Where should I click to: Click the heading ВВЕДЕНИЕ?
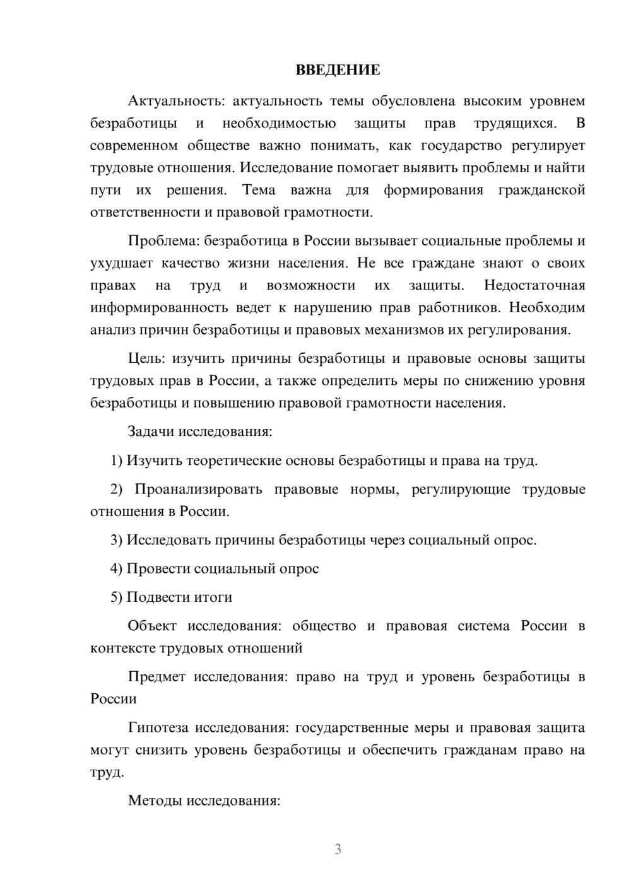[x=338, y=70]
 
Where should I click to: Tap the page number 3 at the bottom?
[x=338, y=849]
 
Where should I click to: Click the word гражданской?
[x=541, y=190]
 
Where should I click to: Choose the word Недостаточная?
[x=534, y=285]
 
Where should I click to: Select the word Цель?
[x=146, y=359]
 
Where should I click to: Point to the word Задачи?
[x=151, y=432]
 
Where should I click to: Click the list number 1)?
[x=117, y=461]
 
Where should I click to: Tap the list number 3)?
[x=117, y=540]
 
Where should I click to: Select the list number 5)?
[x=117, y=597]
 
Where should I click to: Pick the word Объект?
[x=152, y=626]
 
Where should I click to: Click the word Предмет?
[x=156, y=677]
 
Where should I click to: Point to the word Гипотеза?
[x=158, y=728]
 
